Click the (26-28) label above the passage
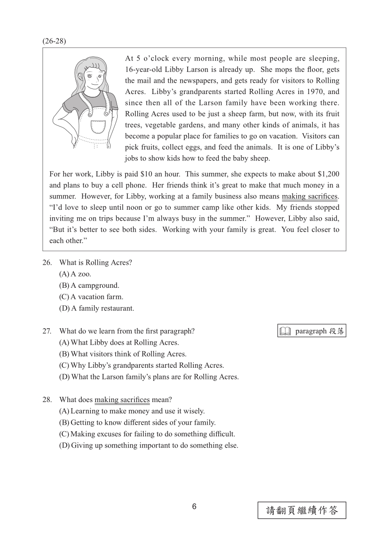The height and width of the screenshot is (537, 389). pos(54,41)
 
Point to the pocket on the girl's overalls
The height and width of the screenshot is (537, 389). pos(98,127)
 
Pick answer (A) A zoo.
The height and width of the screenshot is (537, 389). pos(75,274)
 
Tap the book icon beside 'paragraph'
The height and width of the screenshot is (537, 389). pos(285,332)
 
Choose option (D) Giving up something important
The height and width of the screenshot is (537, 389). pos(148,445)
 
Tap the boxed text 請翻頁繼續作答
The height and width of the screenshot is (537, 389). pos(302,510)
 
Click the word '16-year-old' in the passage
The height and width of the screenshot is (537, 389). pos(145,69)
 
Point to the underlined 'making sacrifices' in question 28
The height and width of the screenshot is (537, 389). pos(122,400)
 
